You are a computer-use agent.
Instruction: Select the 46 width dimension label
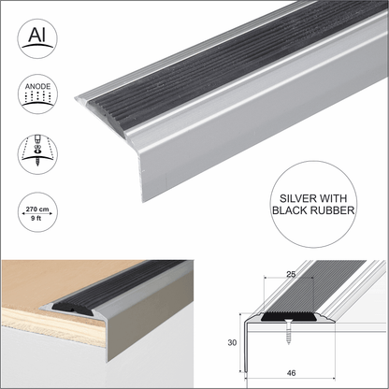tap(293, 372)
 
